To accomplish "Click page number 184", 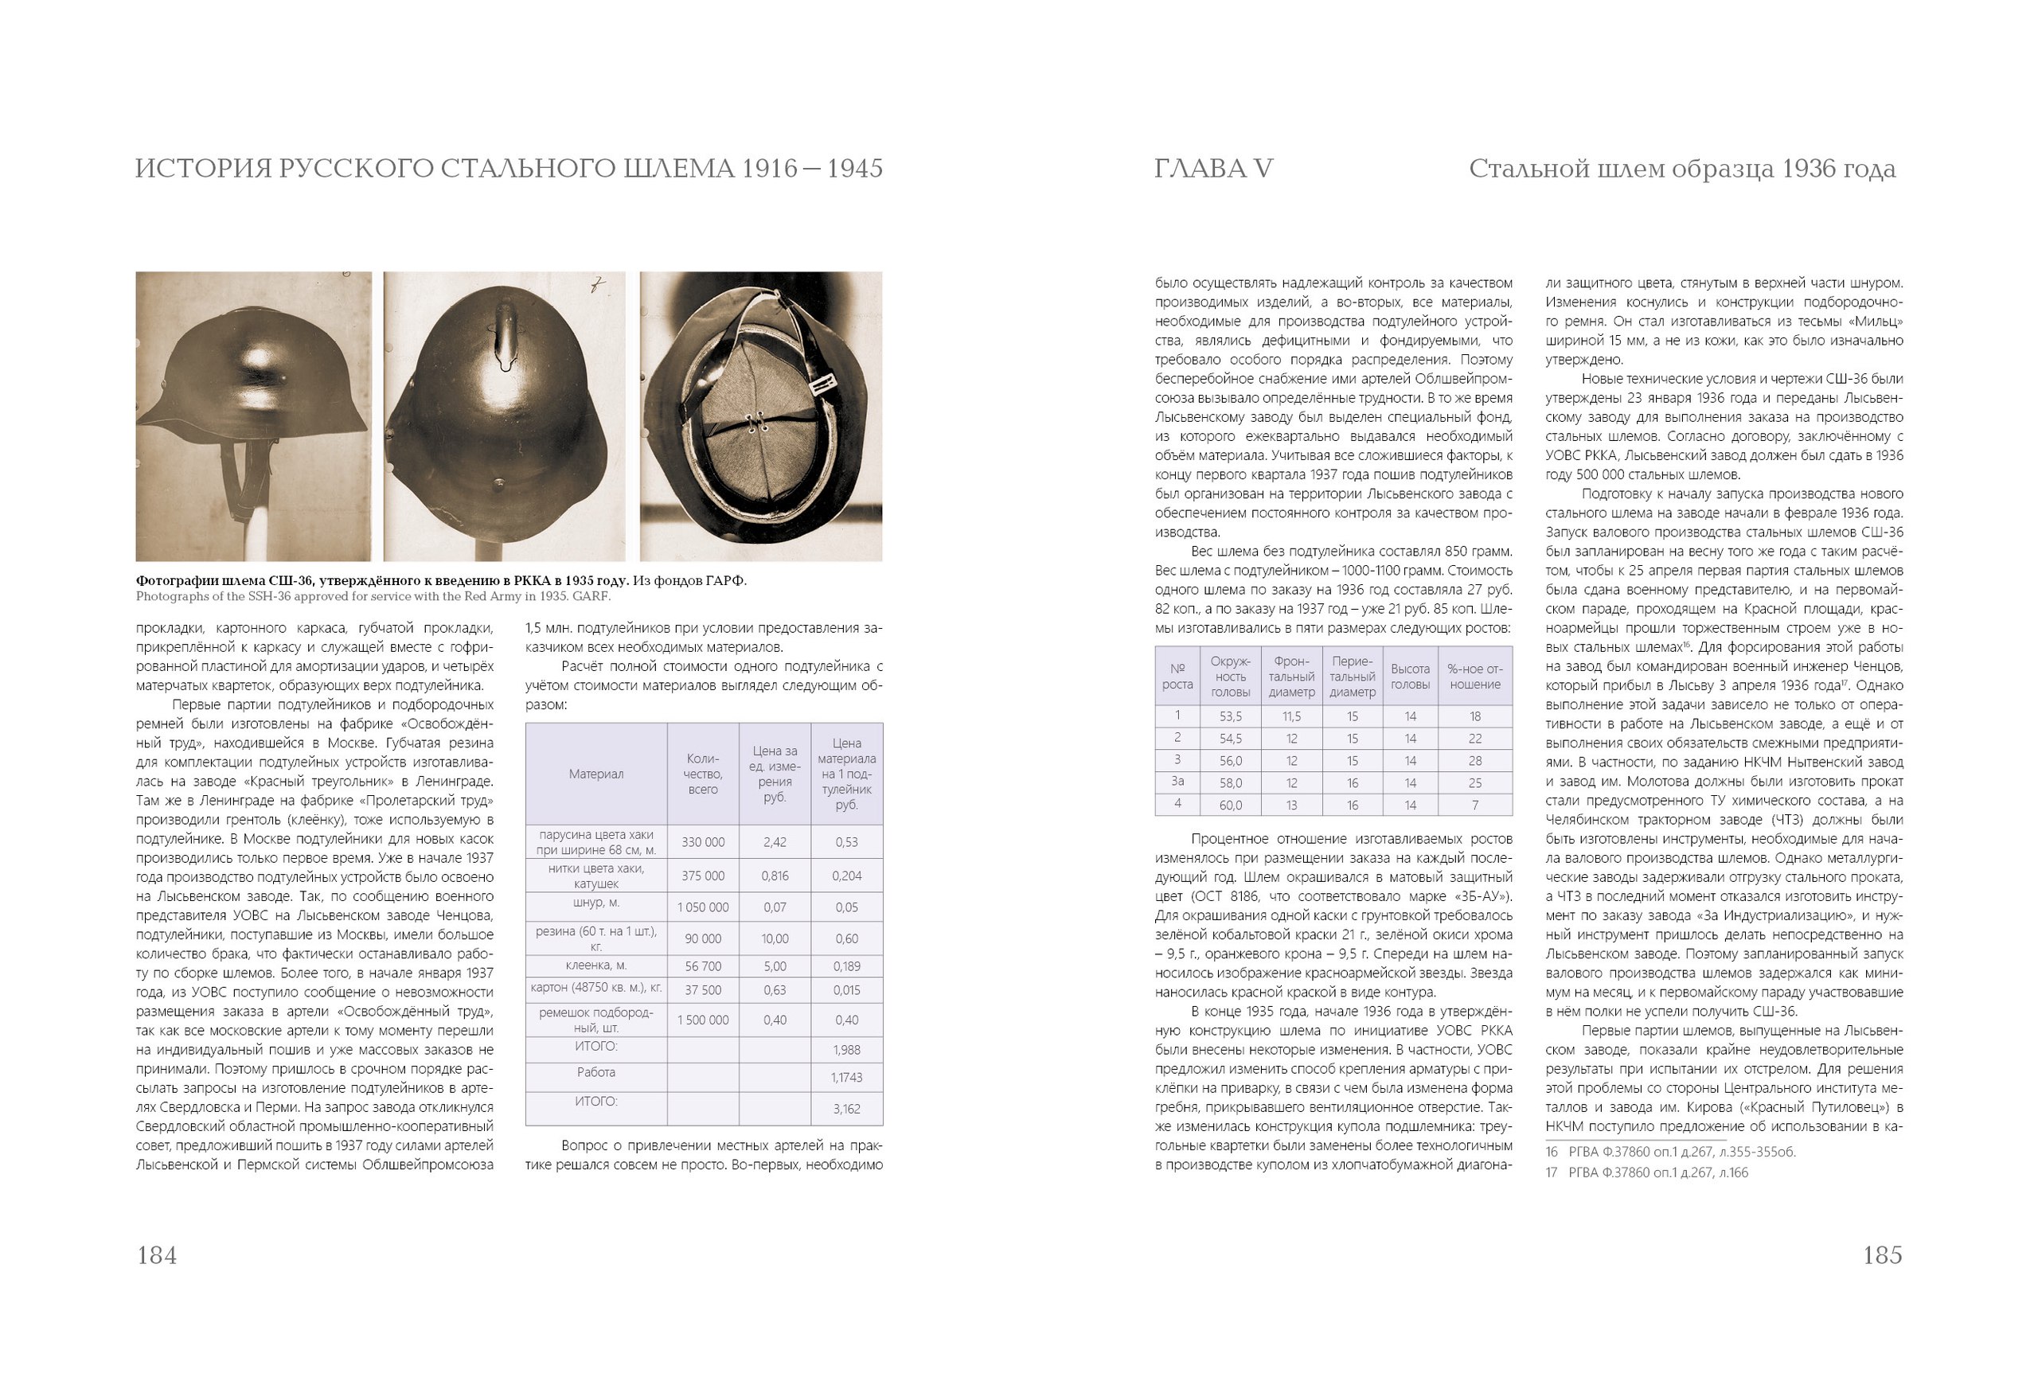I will tap(157, 1255).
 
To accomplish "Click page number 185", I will tap(1882, 1255).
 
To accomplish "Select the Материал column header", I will tap(595, 774).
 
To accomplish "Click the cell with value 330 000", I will tap(702, 843).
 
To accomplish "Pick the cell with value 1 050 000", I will tap(702, 907).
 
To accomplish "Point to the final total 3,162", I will tap(846, 1110).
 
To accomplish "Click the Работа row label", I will tap(595, 1072).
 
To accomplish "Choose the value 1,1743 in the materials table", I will tap(846, 1078).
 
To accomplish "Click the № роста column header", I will tap(1177, 676).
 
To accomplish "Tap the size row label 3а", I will tap(1177, 782).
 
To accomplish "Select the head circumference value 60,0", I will tap(1229, 805).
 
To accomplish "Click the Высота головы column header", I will tap(1410, 676).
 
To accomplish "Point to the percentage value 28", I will tap(1475, 760).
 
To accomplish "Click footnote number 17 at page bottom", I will tap(1552, 1173).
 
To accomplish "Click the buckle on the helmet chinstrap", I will tap(822, 385).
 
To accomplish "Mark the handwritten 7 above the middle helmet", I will tap(598, 284).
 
